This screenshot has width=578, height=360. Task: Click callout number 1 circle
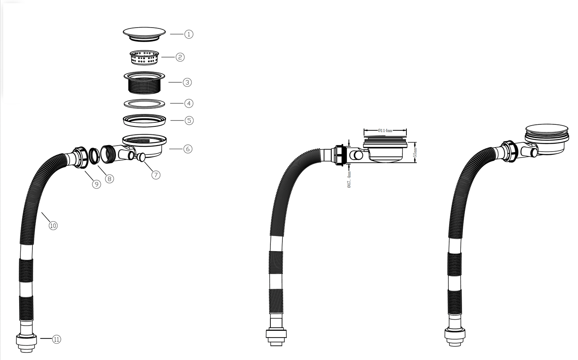[x=189, y=34]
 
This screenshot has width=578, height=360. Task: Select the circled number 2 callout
[x=180, y=57]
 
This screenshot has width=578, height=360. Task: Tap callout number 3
[x=187, y=82]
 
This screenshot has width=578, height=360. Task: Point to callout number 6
[x=188, y=149]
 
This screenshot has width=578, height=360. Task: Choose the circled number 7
[x=156, y=174]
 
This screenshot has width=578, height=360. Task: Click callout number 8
[x=109, y=178]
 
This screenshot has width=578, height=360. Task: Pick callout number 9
[x=96, y=184]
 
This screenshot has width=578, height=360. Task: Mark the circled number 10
[x=53, y=226]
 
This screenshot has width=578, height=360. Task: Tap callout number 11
[x=57, y=339]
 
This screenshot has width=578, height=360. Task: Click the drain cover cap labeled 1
[x=144, y=33]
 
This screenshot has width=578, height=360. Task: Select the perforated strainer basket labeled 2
[x=145, y=57]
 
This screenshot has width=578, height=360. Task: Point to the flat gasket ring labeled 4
[x=144, y=103]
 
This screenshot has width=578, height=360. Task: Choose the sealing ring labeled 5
[x=144, y=120]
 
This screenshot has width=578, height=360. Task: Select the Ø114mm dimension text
[x=385, y=130]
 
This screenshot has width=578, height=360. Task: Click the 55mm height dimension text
[x=415, y=152]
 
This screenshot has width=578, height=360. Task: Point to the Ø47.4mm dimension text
[x=349, y=180]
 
